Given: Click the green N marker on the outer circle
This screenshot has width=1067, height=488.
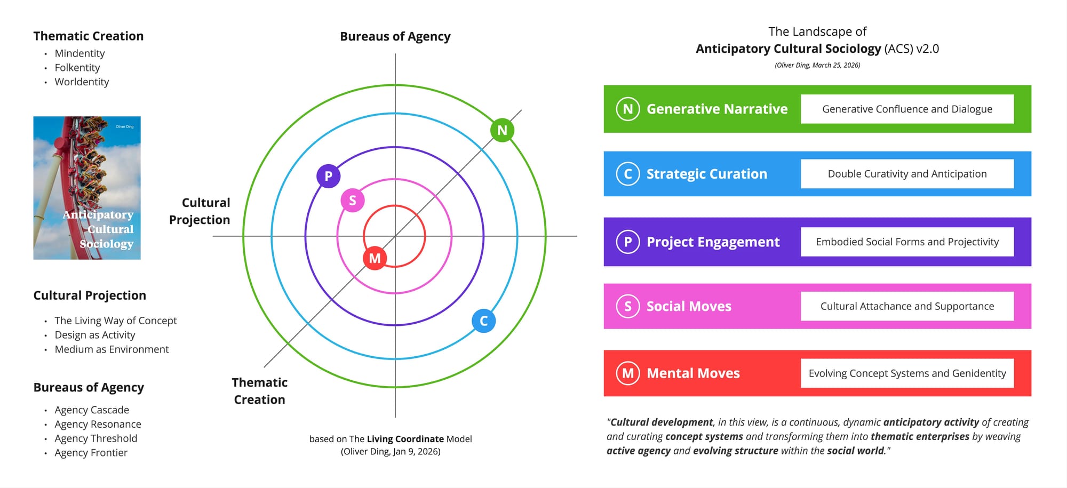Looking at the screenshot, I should (x=502, y=130).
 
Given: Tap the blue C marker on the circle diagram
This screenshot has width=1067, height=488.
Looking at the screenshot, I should (x=483, y=321).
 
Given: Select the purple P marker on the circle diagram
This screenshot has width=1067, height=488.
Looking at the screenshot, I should (x=328, y=176).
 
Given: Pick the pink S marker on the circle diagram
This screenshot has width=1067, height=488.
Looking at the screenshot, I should (x=352, y=201).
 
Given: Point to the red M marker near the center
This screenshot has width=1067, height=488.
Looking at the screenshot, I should (x=375, y=258).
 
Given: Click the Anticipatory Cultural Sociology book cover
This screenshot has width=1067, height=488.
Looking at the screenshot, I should (x=87, y=188).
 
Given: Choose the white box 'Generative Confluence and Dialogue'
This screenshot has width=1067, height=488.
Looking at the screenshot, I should (x=907, y=109).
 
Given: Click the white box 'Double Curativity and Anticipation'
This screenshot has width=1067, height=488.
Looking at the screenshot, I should (x=907, y=174).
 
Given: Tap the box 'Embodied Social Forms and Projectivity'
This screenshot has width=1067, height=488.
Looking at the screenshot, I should (x=907, y=242).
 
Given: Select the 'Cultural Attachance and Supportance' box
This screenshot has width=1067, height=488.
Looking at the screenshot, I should (x=907, y=306).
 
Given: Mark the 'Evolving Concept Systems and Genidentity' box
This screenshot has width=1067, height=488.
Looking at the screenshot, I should (x=907, y=373).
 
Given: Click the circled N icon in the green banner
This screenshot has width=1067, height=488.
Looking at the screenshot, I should (x=628, y=109).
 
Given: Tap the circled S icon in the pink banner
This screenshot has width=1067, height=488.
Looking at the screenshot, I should (x=628, y=306).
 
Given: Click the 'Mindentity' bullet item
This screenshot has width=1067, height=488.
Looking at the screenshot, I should (x=79, y=53).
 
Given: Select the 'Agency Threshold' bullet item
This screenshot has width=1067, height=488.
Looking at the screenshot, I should (x=95, y=438).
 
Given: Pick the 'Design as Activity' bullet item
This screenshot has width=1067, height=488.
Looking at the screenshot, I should (x=95, y=335).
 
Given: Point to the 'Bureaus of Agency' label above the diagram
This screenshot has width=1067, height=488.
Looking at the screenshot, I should (x=395, y=36).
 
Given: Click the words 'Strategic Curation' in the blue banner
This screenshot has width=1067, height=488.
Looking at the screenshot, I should (x=707, y=174).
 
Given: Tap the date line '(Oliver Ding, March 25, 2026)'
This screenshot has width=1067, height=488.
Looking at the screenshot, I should (x=817, y=65).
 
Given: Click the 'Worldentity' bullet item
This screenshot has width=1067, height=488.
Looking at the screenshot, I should (x=82, y=82).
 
